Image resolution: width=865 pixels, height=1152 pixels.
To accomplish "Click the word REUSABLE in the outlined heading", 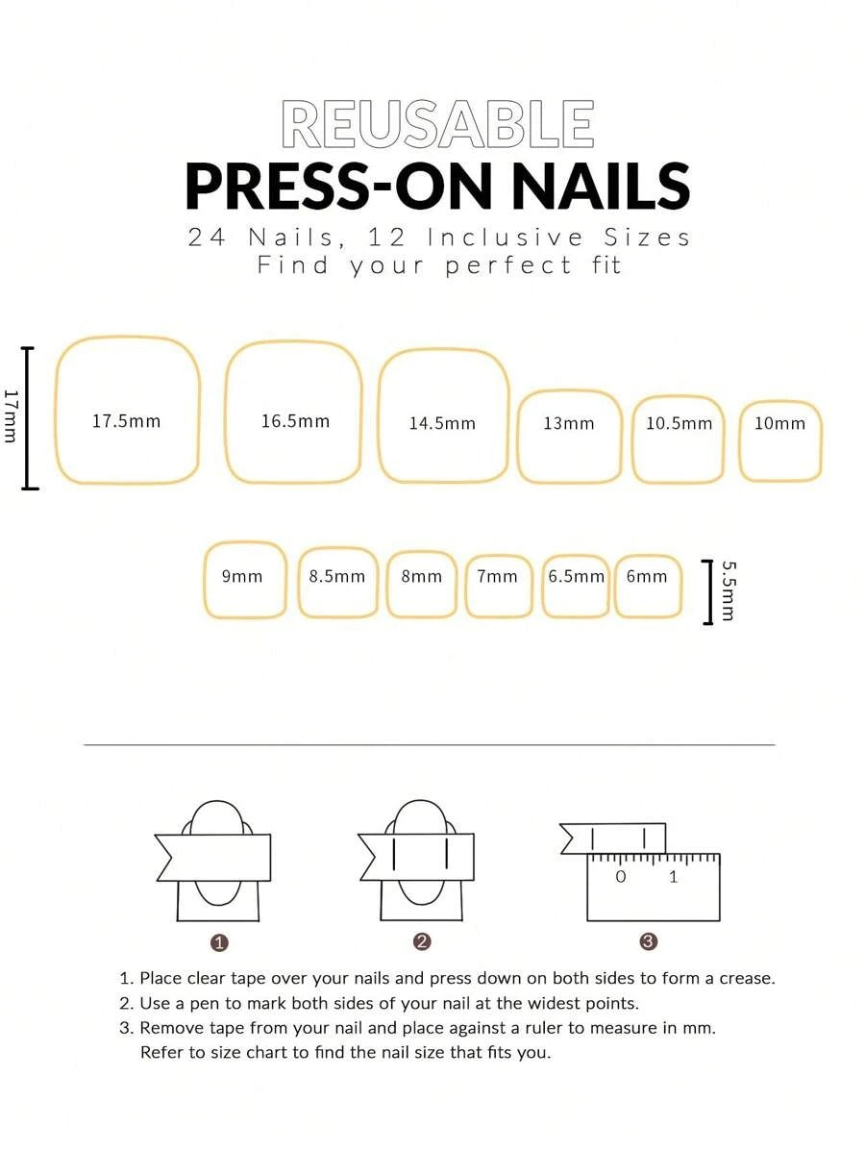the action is click(x=437, y=123).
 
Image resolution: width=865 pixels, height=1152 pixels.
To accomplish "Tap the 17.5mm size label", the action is click(x=126, y=421).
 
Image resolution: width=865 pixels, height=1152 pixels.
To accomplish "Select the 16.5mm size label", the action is click(x=295, y=421).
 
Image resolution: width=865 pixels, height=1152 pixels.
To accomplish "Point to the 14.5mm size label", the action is click(x=442, y=423).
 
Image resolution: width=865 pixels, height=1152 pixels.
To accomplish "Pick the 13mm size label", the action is click(x=568, y=423).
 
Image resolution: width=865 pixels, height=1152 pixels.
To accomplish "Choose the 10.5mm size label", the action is click(x=679, y=423).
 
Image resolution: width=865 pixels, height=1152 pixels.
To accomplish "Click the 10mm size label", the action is click(x=779, y=423).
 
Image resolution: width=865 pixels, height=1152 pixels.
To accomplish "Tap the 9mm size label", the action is click(x=242, y=577).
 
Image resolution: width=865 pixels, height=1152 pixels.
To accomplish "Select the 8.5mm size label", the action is click(x=337, y=577).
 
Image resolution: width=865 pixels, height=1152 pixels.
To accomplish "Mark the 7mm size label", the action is click(x=497, y=577).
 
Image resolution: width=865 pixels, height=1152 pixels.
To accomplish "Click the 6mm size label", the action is click(x=647, y=577).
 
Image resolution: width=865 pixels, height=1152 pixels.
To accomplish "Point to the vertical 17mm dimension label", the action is click(x=10, y=415).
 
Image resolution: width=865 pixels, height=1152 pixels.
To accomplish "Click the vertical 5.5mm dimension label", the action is click(x=728, y=590).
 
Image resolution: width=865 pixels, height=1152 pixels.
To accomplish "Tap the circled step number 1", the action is click(x=219, y=942).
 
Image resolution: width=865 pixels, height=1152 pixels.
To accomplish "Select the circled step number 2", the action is click(x=422, y=941).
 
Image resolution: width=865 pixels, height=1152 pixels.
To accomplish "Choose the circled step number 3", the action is click(x=649, y=941).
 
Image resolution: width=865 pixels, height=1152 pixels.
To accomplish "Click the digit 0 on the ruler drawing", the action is click(x=621, y=876).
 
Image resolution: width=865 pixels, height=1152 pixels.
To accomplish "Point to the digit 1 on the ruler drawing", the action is click(x=674, y=876).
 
